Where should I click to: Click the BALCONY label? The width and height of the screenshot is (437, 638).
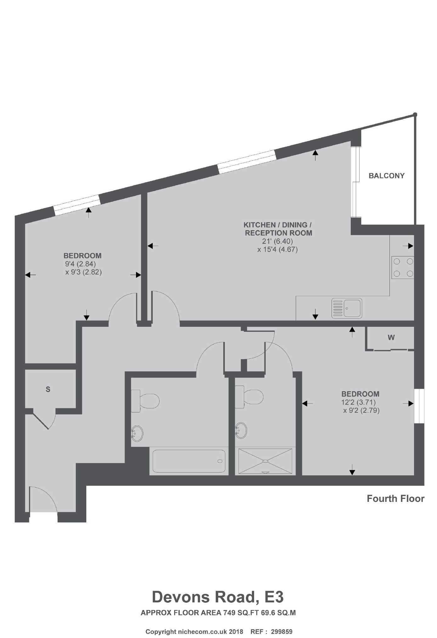coord(386,176)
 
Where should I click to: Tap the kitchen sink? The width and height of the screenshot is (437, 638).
coord(347,308)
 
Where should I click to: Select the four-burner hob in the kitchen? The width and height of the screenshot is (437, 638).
coord(403,267)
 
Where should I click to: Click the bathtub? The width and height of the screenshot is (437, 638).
coord(189,461)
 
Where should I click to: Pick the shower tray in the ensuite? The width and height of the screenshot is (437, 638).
coord(265,461)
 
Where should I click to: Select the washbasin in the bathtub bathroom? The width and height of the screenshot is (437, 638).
coord(137,433)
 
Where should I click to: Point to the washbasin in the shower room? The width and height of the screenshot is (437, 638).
coord(241,430)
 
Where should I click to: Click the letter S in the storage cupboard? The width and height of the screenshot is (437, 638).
coord(48,390)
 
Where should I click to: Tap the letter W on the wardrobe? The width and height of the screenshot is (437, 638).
coord(391,338)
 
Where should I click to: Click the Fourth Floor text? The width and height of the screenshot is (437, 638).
coord(395,499)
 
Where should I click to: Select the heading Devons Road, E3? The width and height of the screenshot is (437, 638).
coord(218,597)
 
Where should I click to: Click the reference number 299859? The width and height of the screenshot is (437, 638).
coord(281,623)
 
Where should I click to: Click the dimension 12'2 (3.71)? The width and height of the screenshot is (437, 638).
coord(358,402)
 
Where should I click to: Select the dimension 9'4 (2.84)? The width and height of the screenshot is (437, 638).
coord(80,264)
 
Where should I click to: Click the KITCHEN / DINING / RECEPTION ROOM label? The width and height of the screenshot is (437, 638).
coord(278,229)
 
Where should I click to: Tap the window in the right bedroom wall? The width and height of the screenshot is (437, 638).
coord(419,406)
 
